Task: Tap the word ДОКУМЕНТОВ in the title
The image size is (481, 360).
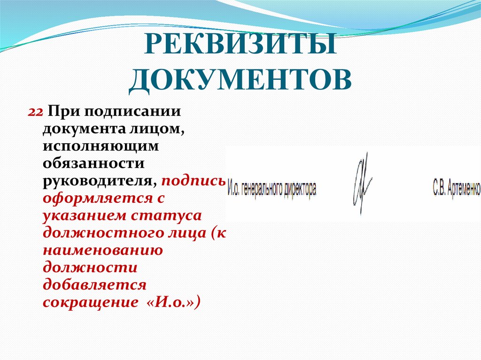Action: coord(240,80)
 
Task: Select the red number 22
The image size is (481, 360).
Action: coord(36,113)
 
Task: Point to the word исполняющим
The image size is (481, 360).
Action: coord(101,146)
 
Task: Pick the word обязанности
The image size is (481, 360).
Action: coord(94,163)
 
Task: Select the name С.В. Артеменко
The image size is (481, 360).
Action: coord(456,189)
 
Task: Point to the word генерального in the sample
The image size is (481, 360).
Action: coord(259,189)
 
